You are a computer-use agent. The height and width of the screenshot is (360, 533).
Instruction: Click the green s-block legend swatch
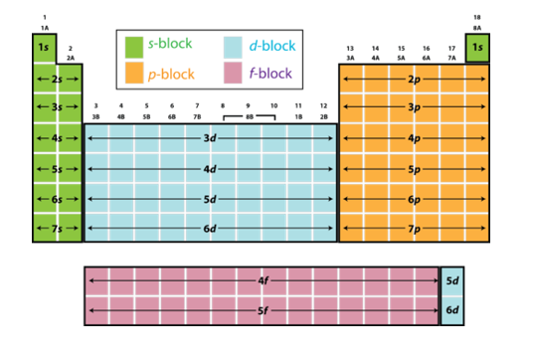tap(133, 46)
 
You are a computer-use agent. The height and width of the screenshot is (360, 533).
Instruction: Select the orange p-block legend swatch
tap(133, 73)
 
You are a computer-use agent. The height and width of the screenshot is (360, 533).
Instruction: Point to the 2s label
tap(58, 79)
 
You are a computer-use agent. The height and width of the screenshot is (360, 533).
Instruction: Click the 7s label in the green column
tap(58, 230)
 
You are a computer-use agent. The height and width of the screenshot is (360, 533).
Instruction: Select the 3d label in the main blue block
tap(211, 138)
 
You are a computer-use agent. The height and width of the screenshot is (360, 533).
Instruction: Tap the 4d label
tap(211, 169)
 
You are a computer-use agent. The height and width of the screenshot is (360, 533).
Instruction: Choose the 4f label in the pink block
tap(264, 281)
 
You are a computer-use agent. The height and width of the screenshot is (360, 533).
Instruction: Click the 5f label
tap(264, 311)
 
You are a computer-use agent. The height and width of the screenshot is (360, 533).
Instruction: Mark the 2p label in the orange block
tap(414, 79)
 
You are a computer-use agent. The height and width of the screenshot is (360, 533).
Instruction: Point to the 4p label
tap(414, 138)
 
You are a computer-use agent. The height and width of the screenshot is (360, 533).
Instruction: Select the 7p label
tap(414, 230)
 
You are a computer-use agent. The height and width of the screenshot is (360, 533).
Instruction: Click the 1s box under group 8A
tap(477, 47)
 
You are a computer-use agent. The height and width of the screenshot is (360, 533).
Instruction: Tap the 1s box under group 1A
tap(44, 47)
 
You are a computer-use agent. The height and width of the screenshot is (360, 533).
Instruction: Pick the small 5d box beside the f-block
tap(452, 281)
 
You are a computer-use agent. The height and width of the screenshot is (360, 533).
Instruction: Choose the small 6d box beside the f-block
tap(452, 311)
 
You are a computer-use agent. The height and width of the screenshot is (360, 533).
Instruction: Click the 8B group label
tap(249, 116)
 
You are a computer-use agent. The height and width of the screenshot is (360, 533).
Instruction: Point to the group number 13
tap(350, 48)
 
